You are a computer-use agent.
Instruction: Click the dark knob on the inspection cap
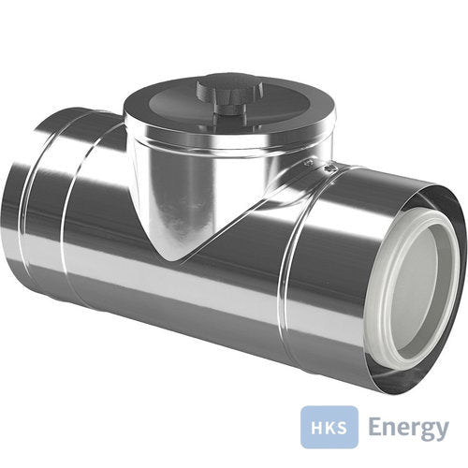[229, 95]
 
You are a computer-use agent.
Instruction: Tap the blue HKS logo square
[329, 427]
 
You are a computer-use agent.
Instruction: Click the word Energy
[409, 428]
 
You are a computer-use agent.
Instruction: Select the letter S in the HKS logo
[342, 427]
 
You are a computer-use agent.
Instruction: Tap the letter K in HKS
[329, 427]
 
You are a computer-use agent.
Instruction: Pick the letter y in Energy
[442, 431]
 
